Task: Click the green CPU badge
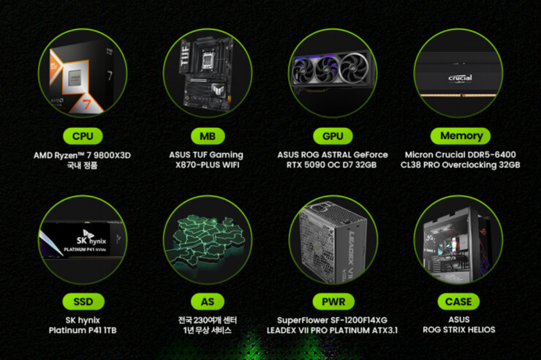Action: [83, 136]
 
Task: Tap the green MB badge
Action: [208, 136]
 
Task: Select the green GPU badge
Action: [333, 136]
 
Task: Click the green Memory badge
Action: [461, 136]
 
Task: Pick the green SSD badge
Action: [83, 301]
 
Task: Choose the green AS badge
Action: [208, 301]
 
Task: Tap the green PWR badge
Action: [333, 301]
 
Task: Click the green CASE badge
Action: [458, 301]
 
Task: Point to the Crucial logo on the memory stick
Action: [460, 78]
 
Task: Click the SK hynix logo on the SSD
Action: [91, 238]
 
